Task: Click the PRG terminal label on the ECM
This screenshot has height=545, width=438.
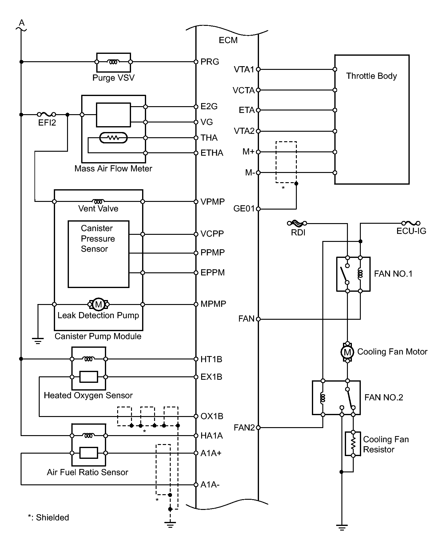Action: pyautogui.click(x=210, y=62)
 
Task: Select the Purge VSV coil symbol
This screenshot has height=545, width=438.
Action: pyautogui.click(x=113, y=62)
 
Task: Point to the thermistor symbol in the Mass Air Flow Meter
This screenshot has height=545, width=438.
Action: pyautogui.click(x=113, y=138)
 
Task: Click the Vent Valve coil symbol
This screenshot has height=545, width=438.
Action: pyautogui.click(x=98, y=202)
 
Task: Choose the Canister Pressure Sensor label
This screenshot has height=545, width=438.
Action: pyautogui.click(x=98, y=238)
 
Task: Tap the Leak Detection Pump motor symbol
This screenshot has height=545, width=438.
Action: pyautogui.click(x=98, y=304)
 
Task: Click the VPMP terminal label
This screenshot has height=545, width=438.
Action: pyautogui.click(x=213, y=202)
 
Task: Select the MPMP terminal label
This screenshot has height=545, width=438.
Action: pyautogui.click(x=213, y=304)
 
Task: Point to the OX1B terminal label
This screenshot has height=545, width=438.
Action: pyautogui.click(x=212, y=416)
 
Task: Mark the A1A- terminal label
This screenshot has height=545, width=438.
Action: pyautogui.click(x=210, y=485)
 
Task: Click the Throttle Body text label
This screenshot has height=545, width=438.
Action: pyautogui.click(x=372, y=76)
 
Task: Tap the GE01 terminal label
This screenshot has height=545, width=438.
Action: pyautogui.click(x=244, y=209)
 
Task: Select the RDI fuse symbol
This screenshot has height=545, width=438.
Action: pyautogui.click(x=297, y=223)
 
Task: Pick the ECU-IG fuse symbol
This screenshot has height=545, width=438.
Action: pyautogui.click(x=411, y=223)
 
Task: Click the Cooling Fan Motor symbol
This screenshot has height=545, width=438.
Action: pyautogui.click(x=347, y=352)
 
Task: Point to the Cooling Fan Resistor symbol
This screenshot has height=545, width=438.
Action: pyautogui.click(x=353, y=444)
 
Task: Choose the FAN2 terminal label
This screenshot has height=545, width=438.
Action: pyautogui.click(x=244, y=428)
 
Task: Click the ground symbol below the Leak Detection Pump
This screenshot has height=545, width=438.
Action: pyautogui.click(x=38, y=341)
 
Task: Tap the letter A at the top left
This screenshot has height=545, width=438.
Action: pyautogui.click(x=22, y=23)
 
